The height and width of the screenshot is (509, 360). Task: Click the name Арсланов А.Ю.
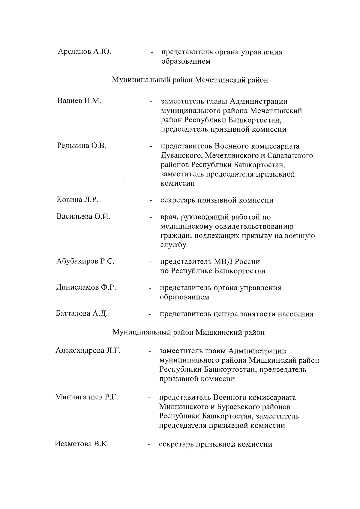point(84,52)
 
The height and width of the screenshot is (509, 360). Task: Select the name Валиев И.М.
point(79,101)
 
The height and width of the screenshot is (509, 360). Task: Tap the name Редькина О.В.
point(82,146)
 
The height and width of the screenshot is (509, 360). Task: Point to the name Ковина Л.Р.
point(77,200)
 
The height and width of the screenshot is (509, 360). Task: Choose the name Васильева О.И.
point(83,217)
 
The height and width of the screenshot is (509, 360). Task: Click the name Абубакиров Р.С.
point(85,261)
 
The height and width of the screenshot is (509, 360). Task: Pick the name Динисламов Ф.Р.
point(86,288)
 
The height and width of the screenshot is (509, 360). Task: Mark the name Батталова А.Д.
point(82,314)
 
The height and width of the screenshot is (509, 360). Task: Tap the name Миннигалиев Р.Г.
point(87,397)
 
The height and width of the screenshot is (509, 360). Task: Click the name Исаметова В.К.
point(82,444)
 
